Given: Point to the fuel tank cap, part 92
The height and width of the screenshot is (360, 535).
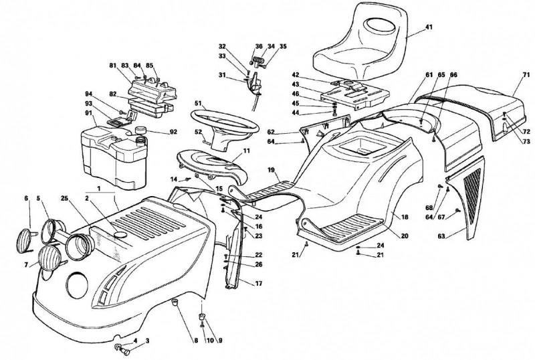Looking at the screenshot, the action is tap(141, 130).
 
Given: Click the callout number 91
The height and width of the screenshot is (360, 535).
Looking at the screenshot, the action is tap(89, 112).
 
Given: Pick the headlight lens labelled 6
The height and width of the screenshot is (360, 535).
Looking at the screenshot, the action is tap(23, 240).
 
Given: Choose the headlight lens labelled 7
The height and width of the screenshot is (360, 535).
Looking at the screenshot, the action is tap(50, 258).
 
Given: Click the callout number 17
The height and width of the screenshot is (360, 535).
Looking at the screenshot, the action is tap(259, 283).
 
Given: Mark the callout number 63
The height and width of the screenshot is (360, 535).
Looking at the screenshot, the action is tap(441, 236).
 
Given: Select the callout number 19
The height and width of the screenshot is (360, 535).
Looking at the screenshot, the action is tap(272, 169).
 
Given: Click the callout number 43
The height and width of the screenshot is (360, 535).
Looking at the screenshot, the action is tap(296, 84).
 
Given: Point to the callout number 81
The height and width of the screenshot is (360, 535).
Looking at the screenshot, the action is tap(113, 65).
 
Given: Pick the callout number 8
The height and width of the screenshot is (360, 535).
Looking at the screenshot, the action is tap(196, 341).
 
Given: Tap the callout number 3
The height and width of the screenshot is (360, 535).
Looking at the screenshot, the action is tap(147, 341).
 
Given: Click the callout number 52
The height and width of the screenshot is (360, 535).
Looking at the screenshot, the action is tap(198, 132).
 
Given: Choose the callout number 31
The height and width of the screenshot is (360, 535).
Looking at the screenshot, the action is tap(222, 75).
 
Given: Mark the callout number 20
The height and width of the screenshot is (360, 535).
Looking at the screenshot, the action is tap(405, 236).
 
